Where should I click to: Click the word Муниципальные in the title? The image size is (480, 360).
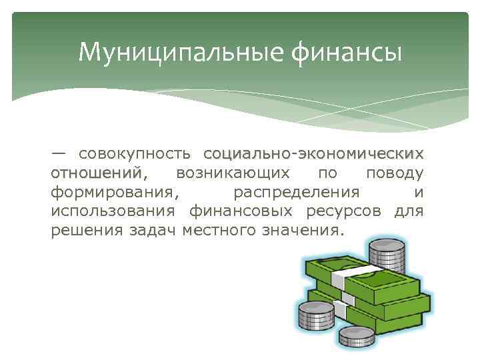pyautogui.click(x=157, y=51)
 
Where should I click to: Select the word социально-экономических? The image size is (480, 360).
pyautogui.click(x=313, y=154)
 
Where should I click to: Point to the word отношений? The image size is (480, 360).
pyautogui.click(x=97, y=173)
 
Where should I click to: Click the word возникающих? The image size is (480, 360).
pyautogui.click(x=233, y=173)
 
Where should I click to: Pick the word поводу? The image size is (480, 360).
pyautogui.click(x=395, y=173)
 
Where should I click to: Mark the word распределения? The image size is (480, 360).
pyautogui.click(x=297, y=193)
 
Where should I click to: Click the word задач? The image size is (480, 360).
pyautogui.click(x=149, y=231)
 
